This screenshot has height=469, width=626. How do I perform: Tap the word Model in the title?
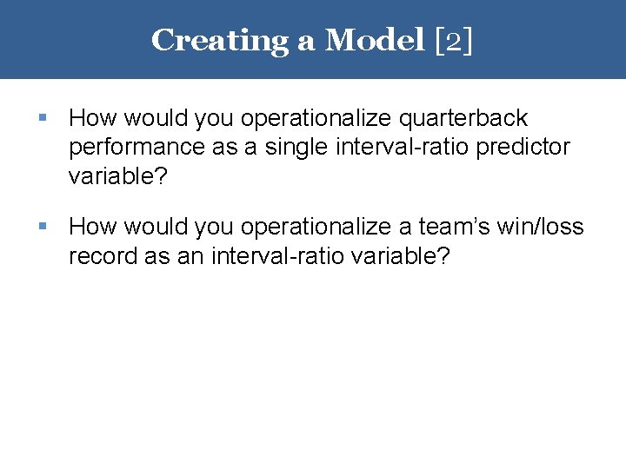(373, 40)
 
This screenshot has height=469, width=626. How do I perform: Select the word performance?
(137, 148)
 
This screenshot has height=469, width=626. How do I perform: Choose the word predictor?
(525, 148)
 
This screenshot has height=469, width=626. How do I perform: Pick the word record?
(97, 257)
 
